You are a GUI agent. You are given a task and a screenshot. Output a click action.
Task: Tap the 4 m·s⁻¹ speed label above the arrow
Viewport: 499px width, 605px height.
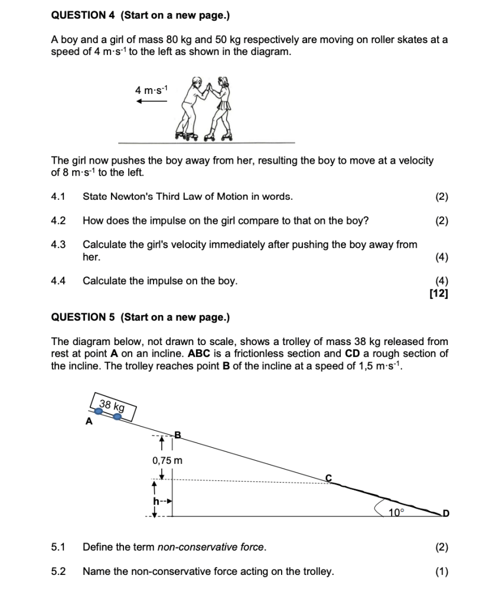[x=151, y=90]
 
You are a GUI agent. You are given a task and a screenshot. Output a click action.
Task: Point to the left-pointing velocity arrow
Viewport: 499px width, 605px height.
[x=152, y=101]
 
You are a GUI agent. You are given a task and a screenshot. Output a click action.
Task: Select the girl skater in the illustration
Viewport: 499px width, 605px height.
[x=219, y=108]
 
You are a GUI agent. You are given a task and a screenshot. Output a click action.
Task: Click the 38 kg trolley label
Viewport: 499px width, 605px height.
[x=112, y=406]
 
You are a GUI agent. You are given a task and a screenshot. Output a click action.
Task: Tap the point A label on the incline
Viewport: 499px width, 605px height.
[x=89, y=421]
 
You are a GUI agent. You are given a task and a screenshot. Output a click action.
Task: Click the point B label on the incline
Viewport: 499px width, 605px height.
[x=178, y=435]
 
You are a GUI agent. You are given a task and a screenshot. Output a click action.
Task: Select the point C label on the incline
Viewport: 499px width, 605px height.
[x=328, y=478]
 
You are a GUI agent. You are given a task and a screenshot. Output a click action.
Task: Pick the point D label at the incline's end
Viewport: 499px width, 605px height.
[x=446, y=513]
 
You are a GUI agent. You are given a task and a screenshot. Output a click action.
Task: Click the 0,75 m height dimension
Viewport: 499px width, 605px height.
[x=167, y=460]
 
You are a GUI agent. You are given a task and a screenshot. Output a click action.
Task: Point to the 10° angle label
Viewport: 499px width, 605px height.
[x=396, y=512]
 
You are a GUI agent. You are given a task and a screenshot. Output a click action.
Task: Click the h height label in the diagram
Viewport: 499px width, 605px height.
[x=156, y=501]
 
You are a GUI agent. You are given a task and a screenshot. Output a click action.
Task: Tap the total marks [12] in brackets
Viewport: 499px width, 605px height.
[x=439, y=294]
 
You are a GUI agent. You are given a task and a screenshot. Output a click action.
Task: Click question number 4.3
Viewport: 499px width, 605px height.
[x=58, y=245]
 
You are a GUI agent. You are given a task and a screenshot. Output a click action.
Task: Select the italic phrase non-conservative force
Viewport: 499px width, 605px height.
[x=211, y=547]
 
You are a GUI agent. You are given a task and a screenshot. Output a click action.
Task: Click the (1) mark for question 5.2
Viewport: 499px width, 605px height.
[x=442, y=571]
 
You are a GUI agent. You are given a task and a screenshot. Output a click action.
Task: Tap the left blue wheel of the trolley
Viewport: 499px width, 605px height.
[x=99, y=411]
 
